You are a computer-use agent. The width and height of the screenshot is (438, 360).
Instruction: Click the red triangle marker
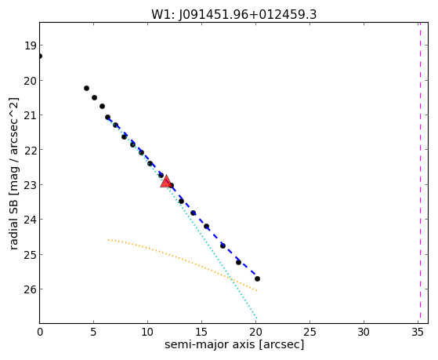click(x=166, y=181)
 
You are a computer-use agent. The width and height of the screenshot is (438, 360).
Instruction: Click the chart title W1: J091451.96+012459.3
click(x=233, y=15)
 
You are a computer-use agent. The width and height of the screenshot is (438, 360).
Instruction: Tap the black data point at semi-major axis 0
click(x=40, y=56)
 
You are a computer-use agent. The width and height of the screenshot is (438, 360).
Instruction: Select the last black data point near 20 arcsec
click(x=257, y=279)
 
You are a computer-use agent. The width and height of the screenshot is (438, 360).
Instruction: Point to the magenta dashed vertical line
click(x=420, y=173)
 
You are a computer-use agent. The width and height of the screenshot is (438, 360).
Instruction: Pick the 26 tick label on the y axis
click(x=30, y=289)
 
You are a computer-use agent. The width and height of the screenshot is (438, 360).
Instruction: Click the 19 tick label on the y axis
click(x=30, y=45)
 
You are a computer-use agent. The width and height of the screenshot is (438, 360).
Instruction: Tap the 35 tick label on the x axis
click(x=418, y=333)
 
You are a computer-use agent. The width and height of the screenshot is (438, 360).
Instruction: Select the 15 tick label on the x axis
click(x=201, y=333)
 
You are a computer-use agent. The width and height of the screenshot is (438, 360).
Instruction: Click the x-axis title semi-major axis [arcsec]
click(x=234, y=344)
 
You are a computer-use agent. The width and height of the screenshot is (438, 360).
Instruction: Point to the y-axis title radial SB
click(x=14, y=173)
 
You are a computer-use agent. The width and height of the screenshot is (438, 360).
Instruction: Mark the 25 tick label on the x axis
click(x=309, y=333)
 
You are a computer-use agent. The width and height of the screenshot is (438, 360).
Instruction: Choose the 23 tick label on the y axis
click(x=30, y=185)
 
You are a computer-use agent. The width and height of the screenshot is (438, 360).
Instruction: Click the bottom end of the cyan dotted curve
click(x=256, y=318)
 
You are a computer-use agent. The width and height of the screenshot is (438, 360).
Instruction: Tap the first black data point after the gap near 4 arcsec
click(x=87, y=89)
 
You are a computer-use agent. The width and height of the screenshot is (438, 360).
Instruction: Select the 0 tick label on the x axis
click(x=40, y=333)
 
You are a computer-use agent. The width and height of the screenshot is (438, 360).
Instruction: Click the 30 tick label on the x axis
click(x=364, y=333)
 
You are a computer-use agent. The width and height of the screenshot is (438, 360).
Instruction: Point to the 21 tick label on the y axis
click(x=30, y=115)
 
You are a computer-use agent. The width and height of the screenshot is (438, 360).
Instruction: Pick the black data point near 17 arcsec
click(x=223, y=245)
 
